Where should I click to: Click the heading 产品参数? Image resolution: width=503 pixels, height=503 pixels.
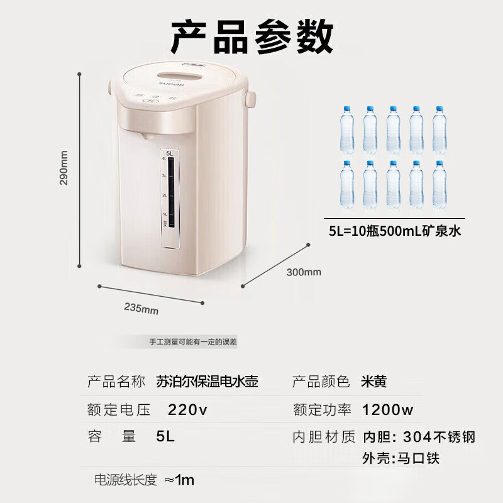pos(252,36)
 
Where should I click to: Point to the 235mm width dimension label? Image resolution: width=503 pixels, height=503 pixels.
pos(141,308)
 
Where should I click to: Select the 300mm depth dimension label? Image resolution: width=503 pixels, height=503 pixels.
pos(304,272)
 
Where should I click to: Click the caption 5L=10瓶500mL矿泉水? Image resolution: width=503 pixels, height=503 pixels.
pos(395,231)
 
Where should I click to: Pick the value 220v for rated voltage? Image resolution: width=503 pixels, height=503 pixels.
pos(187,411)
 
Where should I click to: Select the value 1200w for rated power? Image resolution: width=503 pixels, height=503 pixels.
pos(388,411)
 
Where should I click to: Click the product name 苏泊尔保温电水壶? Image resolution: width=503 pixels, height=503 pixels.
pos(207,382)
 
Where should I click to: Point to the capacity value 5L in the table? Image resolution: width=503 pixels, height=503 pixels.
pos(165,436)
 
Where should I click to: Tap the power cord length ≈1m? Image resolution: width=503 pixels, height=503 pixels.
pos(179,480)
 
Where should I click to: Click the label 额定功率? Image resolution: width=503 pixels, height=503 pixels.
pos(322,411)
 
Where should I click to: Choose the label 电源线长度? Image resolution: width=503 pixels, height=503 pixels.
pos(125,480)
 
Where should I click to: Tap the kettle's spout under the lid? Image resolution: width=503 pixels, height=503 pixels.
pos(145,135)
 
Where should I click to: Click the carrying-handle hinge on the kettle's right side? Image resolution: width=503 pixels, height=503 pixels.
pos(250,99)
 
